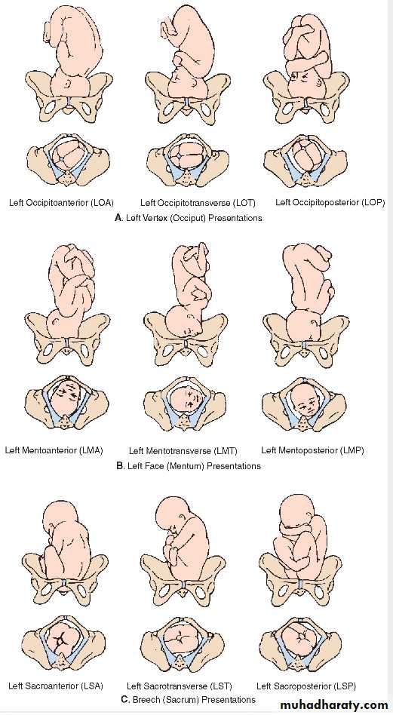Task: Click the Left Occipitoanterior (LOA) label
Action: coord(62,202)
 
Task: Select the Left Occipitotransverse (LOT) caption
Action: coord(198,202)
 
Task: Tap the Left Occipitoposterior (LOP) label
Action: coord(330,202)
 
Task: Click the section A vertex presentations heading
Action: coord(189,218)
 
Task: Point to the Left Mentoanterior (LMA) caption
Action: coord(54,450)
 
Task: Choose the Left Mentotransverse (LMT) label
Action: coord(183,451)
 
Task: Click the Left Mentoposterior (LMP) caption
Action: coord(312,450)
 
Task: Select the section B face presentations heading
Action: coord(189,466)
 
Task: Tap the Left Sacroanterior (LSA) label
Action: coord(56,686)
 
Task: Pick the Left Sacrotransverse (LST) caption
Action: coord(180,686)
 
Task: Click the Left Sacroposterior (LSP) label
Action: coord(306,686)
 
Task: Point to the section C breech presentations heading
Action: coord(189,699)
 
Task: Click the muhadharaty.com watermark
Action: coord(334,705)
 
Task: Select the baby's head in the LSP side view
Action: coord(298,511)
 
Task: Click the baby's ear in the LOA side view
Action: coord(67,84)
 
